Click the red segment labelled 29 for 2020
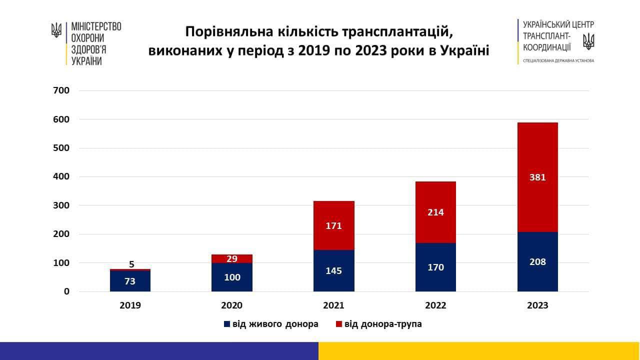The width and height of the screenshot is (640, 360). (232, 258)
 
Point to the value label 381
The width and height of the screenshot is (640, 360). (537, 177)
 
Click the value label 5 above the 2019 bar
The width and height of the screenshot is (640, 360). (132, 264)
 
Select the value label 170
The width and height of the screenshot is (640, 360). (435, 267)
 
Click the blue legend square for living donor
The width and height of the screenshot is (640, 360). (227, 324)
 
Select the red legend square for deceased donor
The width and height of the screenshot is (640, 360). (339, 324)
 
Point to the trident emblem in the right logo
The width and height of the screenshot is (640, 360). (589, 41)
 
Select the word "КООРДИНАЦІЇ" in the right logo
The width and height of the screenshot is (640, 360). (546, 47)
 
